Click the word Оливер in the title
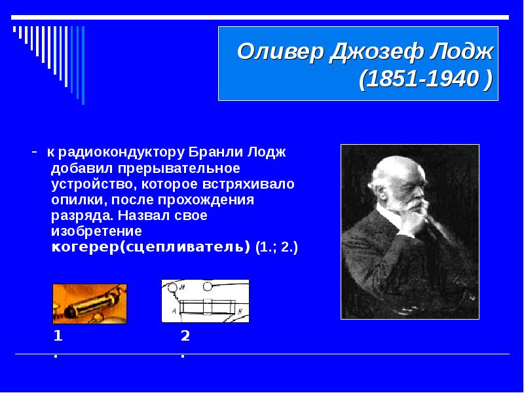(280, 52)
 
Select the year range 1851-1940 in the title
(421, 79)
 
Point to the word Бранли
(215, 153)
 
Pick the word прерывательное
(178, 168)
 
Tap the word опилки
(79, 200)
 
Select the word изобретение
(96, 231)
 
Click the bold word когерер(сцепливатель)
(151, 248)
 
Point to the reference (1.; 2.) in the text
(276, 248)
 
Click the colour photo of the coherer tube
(90, 304)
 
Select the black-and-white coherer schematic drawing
(205, 301)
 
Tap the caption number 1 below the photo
(58, 336)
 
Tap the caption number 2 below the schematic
(185, 336)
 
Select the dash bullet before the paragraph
(35, 152)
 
